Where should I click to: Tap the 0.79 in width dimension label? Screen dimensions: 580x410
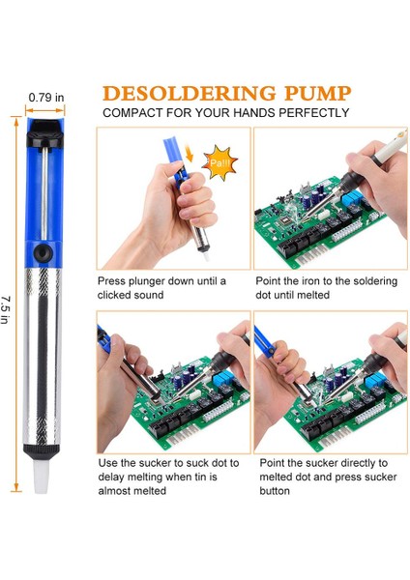(46, 97)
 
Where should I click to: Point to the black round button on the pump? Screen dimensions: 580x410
(41, 253)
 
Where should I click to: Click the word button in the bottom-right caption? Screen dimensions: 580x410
(274, 491)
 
